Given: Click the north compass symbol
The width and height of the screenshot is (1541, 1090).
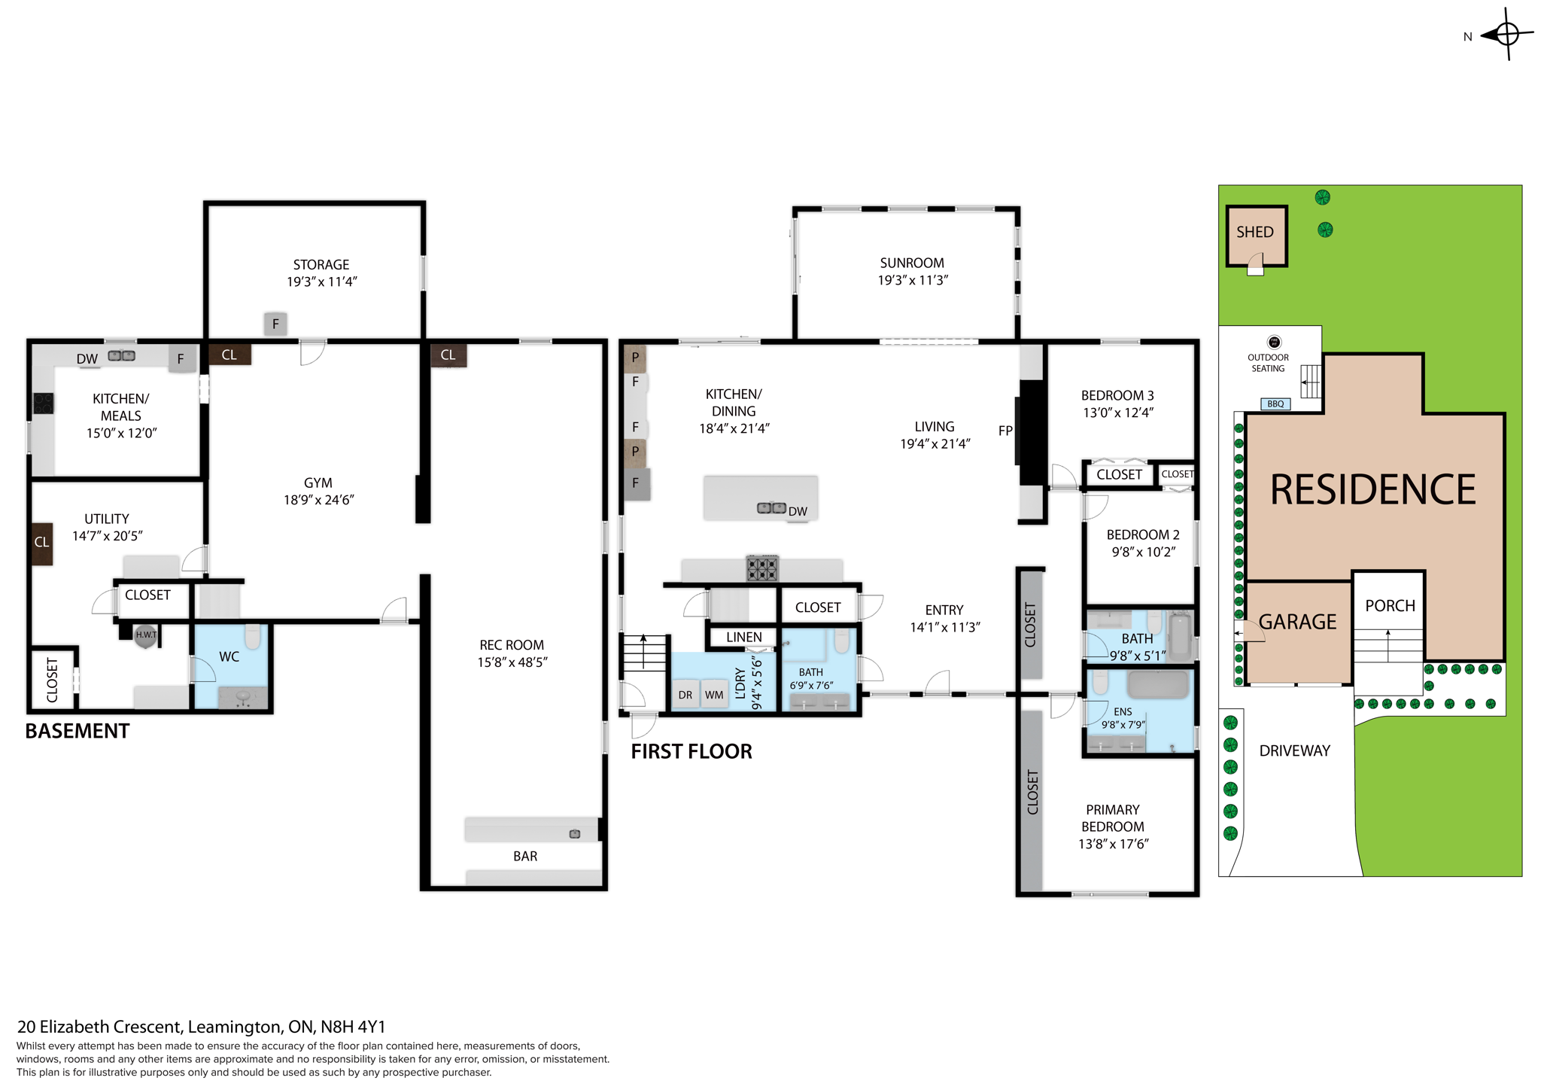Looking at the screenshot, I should pyautogui.click(x=1506, y=35).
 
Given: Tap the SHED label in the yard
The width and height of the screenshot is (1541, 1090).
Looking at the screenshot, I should pyautogui.click(x=1254, y=232).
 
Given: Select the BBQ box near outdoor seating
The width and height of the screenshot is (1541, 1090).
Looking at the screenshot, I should pyautogui.click(x=1275, y=404).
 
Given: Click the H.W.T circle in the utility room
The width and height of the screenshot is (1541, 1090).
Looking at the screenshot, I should pyautogui.click(x=146, y=635).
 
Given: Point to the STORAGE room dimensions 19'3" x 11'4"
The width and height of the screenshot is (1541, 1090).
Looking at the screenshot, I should pyautogui.click(x=321, y=282).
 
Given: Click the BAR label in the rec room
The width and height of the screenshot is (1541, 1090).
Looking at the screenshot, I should pyautogui.click(x=525, y=856).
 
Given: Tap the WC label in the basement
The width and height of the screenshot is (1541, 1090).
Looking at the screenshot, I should pyautogui.click(x=229, y=657).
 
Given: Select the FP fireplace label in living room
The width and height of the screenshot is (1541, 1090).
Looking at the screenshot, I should pyautogui.click(x=1005, y=431).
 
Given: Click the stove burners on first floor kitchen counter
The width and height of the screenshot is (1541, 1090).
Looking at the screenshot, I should pyautogui.click(x=761, y=568).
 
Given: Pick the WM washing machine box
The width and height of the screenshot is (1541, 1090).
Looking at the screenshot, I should pyautogui.click(x=714, y=695).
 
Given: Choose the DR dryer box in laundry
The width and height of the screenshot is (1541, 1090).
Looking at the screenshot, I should pyautogui.click(x=685, y=695).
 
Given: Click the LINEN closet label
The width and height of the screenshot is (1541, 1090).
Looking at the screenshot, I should pyautogui.click(x=743, y=638).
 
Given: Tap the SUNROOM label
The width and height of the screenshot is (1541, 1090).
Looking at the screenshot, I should pyautogui.click(x=912, y=263).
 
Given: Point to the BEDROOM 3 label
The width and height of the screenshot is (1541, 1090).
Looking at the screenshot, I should pyautogui.click(x=1117, y=395).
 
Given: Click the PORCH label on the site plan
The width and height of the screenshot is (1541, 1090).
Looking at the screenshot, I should pyautogui.click(x=1390, y=606).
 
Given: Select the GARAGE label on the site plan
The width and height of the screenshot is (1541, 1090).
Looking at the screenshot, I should pyautogui.click(x=1297, y=622).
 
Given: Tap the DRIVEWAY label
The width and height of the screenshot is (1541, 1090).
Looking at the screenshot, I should pyautogui.click(x=1294, y=751).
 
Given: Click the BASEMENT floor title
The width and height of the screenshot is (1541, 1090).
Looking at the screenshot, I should pyautogui.click(x=78, y=731).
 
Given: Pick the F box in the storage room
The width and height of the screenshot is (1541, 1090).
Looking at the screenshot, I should pyautogui.click(x=275, y=324).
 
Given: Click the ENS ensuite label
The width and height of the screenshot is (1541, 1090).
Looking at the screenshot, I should pyautogui.click(x=1122, y=711).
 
